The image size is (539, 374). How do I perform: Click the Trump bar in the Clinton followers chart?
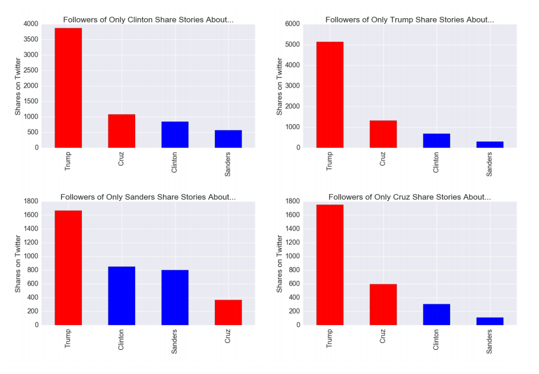[68, 88]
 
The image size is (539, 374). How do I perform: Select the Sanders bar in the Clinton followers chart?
[228, 139]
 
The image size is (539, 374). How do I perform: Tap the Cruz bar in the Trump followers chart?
[383, 134]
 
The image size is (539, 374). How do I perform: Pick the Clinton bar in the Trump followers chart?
[436, 140]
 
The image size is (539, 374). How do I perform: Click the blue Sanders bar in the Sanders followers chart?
[174, 297]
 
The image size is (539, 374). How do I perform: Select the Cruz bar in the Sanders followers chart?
[228, 312]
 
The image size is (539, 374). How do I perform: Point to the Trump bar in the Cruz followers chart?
[329, 264]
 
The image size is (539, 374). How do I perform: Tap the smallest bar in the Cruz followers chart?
[489, 321]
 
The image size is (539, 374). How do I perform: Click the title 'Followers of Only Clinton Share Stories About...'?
[148, 19]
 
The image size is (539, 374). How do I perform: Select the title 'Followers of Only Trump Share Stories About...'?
[409, 19]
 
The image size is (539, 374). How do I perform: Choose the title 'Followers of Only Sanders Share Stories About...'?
[148, 197]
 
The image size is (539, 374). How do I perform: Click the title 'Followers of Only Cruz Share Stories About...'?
[409, 197]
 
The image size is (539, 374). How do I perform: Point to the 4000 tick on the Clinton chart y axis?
[30, 24]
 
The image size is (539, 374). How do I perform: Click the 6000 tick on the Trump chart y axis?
[292, 24]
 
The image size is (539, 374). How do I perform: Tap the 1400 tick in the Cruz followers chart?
[292, 229]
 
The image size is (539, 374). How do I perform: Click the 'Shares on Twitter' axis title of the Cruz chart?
[279, 263]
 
